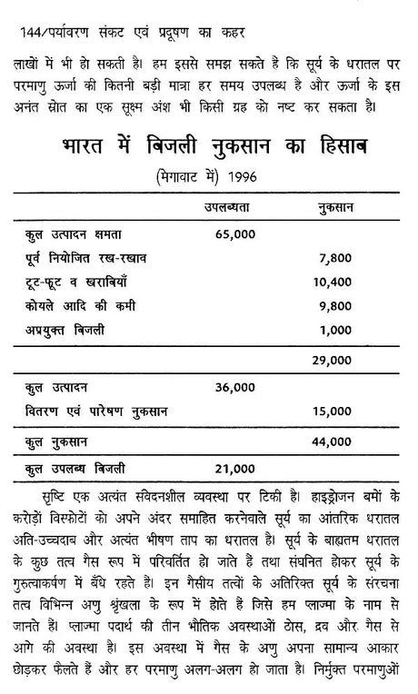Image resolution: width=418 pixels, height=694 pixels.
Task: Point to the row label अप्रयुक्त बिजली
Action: [x=65, y=331]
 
